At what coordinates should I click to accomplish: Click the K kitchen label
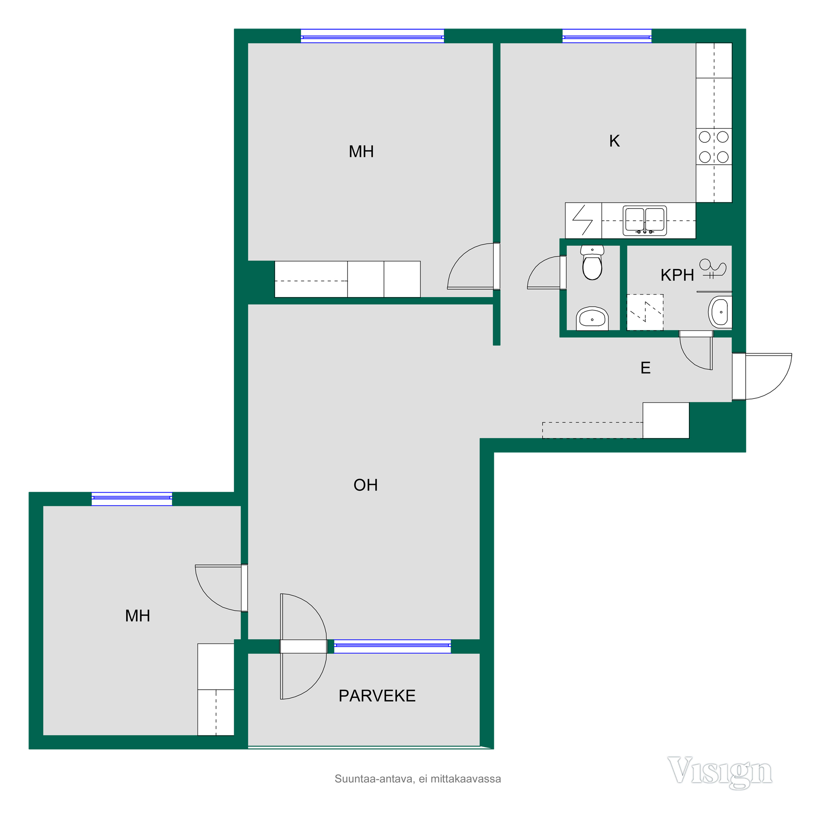pyautogui.click(x=614, y=141)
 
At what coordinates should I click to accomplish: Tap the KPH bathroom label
pyautogui.click(x=677, y=275)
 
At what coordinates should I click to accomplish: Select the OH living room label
pyautogui.click(x=366, y=485)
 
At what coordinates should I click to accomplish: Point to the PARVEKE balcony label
pyautogui.click(x=377, y=696)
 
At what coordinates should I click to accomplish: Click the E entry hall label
pyautogui.click(x=645, y=368)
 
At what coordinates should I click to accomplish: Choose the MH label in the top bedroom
pyautogui.click(x=361, y=151)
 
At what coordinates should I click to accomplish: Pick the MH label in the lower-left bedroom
pyautogui.click(x=138, y=616)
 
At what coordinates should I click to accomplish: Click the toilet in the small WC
pyautogui.click(x=592, y=263)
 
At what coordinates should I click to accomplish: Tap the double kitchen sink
pyautogui.click(x=644, y=221)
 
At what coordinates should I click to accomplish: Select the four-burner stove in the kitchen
pyautogui.click(x=714, y=147)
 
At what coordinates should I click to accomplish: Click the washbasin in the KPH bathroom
pyautogui.click(x=720, y=312)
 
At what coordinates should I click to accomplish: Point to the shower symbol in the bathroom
pyautogui.click(x=712, y=268)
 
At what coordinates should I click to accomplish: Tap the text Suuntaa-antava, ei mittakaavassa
pyautogui.click(x=418, y=779)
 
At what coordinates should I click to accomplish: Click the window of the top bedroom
pyautogui.click(x=372, y=36)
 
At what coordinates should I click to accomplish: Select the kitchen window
pyautogui.click(x=607, y=36)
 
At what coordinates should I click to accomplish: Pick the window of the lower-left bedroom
pyautogui.click(x=132, y=499)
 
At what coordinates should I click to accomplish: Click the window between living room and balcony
pyautogui.click(x=392, y=647)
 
